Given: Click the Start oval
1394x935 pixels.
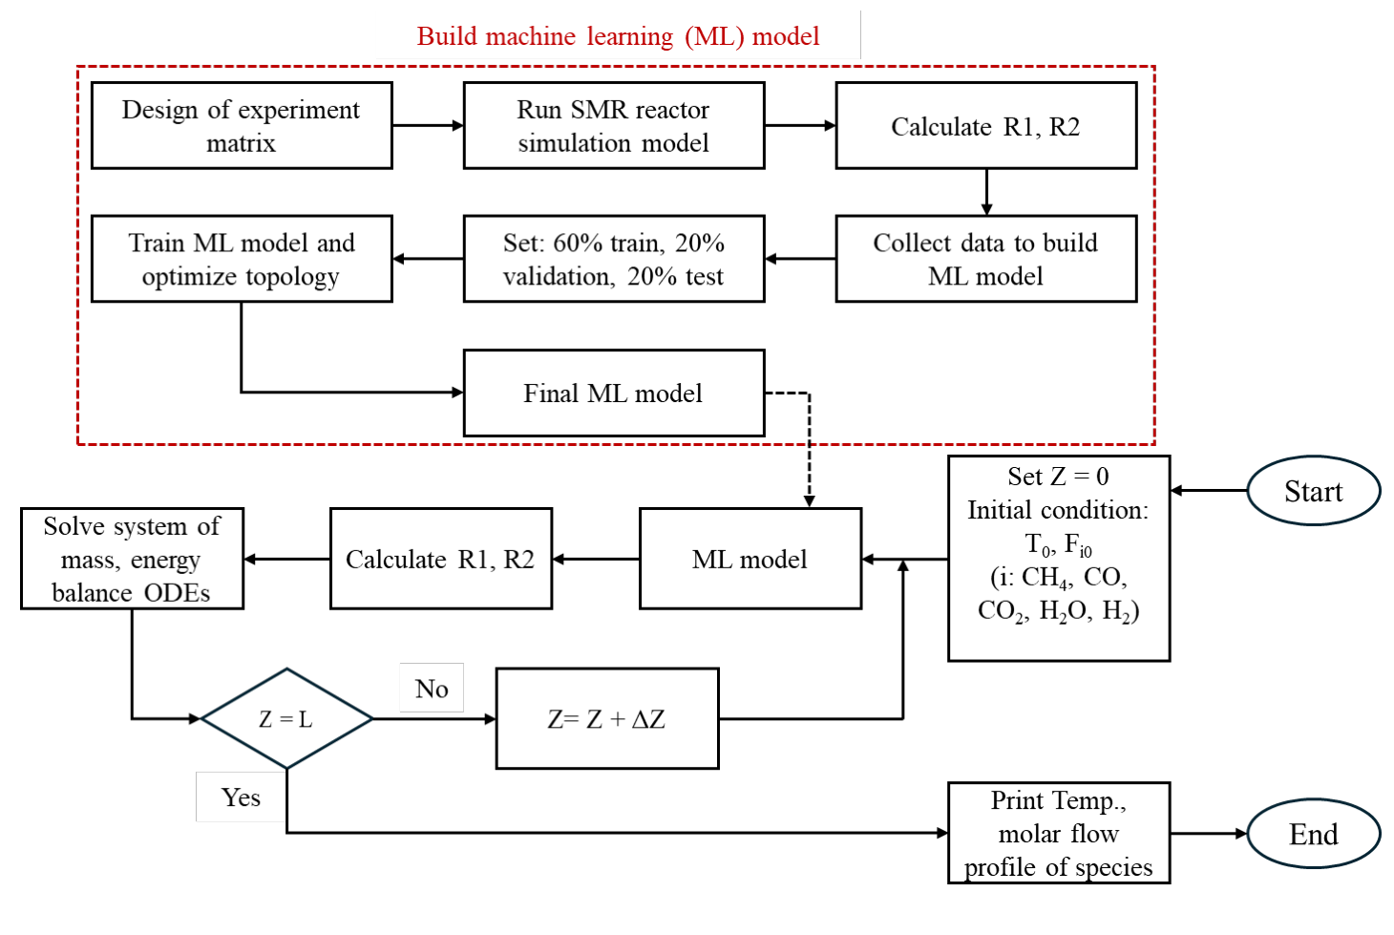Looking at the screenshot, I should (1313, 491).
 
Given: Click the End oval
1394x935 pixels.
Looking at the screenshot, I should (1313, 834).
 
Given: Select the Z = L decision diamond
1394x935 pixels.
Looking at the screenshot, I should (286, 718).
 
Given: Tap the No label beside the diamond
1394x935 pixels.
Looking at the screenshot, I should (432, 688).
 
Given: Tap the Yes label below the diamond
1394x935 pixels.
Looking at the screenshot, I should (241, 797).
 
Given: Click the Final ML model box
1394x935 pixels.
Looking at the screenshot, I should (613, 393).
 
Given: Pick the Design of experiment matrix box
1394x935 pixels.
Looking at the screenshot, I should (241, 125).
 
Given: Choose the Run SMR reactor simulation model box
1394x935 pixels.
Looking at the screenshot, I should (613, 125).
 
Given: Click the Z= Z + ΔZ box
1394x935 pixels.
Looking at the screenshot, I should (606, 718).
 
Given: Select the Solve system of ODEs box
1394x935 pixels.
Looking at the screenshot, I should (132, 559).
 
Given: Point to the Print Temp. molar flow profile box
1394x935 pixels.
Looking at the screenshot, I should (1058, 833).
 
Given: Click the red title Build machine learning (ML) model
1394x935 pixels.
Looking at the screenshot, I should (618, 36).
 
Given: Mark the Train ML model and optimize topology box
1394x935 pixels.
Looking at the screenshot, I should (241, 259).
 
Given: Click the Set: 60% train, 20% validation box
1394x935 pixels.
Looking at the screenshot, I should (613, 259).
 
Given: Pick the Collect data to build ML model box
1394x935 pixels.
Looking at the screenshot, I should (985, 259).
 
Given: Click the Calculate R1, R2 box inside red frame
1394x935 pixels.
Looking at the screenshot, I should (985, 125).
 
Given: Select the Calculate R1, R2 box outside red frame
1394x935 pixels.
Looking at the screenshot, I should (440, 559).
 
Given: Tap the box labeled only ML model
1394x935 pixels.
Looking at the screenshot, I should (750, 559).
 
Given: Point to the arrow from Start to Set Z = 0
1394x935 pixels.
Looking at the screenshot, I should (1210, 490).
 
